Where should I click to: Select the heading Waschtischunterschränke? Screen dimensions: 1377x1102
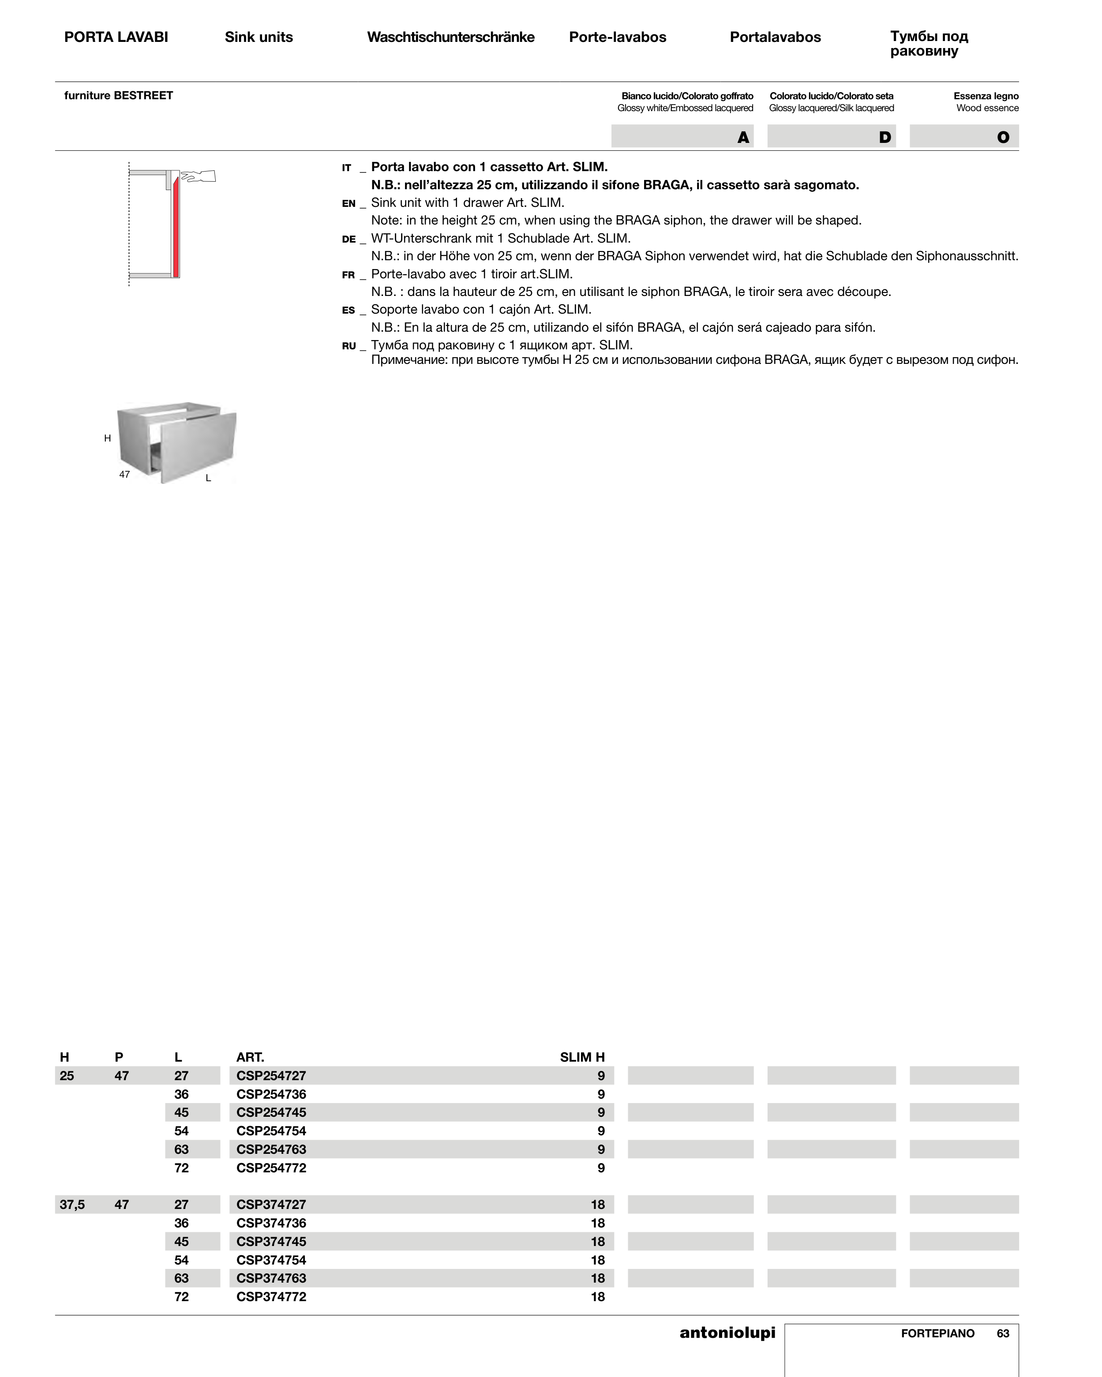click(x=450, y=37)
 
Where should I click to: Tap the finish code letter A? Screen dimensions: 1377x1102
click(x=743, y=137)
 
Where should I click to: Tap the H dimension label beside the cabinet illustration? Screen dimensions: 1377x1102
click(x=107, y=438)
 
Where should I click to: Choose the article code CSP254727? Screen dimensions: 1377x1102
click(x=271, y=1076)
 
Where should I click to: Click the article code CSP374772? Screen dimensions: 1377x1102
click(x=271, y=1297)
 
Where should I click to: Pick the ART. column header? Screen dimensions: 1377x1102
click(x=250, y=1057)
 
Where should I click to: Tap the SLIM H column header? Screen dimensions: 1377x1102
click(x=582, y=1057)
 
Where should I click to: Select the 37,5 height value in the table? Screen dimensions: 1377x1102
click(x=72, y=1205)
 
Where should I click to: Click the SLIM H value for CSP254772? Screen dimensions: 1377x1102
click(x=600, y=1168)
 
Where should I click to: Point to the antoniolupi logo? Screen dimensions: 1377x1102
click(x=727, y=1332)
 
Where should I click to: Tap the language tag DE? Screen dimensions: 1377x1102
click(x=349, y=239)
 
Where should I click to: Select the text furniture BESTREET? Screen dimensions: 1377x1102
click(x=118, y=95)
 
